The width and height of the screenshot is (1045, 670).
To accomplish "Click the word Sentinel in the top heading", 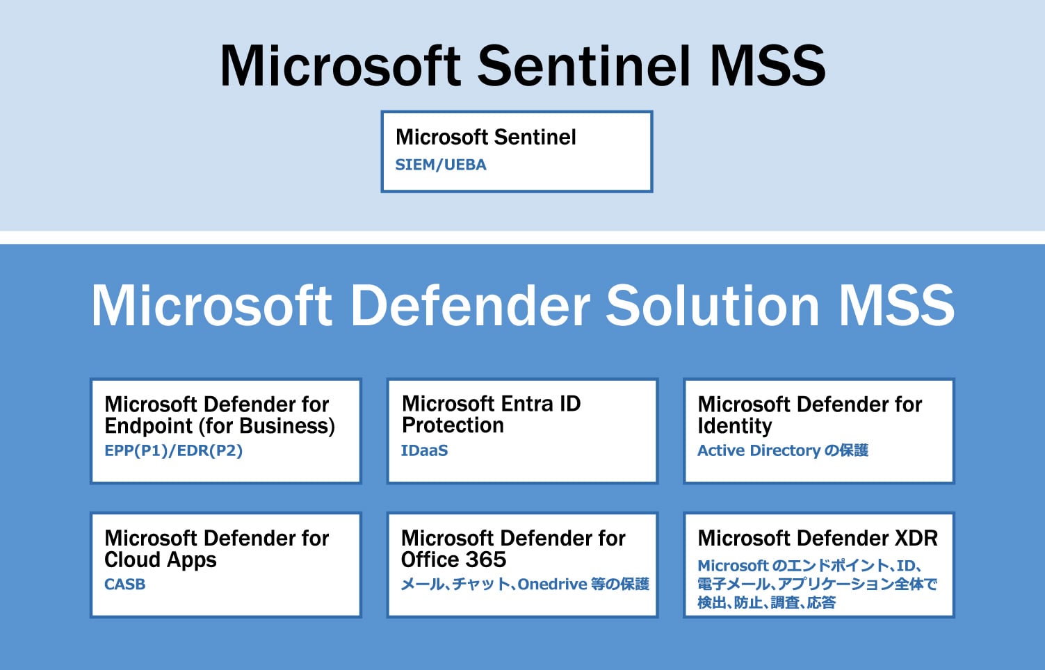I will pyautogui.click(x=584, y=66).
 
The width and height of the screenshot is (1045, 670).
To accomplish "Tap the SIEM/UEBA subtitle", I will pyautogui.click(x=441, y=165).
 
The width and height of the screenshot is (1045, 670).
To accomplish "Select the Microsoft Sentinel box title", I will pyautogui.click(x=485, y=138).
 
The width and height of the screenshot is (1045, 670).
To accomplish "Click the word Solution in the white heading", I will pyautogui.click(x=712, y=306).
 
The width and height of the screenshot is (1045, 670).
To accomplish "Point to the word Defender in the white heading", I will pyautogui.click(x=471, y=306).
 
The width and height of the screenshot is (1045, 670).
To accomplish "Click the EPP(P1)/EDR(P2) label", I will pyautogui.click(x=173, y=450).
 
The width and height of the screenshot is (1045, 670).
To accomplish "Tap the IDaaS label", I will pyautogui.click(x=424, y=450).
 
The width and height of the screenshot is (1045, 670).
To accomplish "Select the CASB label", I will pyautogui.click(x=124, y=585).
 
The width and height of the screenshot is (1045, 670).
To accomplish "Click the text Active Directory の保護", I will pyautogui.click(x=782, y=450).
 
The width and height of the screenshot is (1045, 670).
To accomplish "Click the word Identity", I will pyautogui.click(x=734, y=426).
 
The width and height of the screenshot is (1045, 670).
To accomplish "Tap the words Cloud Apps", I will pyautogui.click(x=160, y=560).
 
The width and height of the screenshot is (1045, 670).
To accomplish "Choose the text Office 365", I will pyautogui.click(x=453, y=559).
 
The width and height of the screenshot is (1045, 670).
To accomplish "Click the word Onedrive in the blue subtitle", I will pyautogui.click(x=552, y=585).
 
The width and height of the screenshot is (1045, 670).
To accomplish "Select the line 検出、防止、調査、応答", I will pyautogui.click(x=766, y=603).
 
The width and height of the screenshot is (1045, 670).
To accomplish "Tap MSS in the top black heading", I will pyautogui.click(x=767, y=66).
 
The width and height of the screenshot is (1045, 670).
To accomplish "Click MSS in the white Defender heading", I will pyautogui.click(x=896, y=306).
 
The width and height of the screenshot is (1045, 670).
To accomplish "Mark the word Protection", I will pyautogui.click(x=453, y=425).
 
